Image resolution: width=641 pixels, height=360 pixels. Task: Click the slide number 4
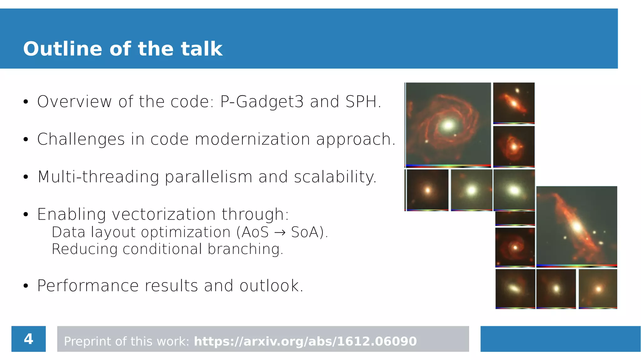click(28, 339)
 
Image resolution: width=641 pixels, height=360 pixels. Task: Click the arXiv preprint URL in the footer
click(305, 341)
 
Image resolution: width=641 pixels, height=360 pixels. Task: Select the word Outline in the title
click(63, 49)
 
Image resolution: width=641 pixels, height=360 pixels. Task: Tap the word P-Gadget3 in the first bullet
click(262, 102)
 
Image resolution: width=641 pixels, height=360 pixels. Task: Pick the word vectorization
click(164, 214)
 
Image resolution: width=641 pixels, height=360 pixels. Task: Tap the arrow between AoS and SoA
click(279, 233)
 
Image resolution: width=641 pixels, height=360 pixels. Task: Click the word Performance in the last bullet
click(88, 286)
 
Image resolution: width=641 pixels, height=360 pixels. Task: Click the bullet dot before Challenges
click(26, 140)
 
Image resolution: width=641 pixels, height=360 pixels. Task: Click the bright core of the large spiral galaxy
click(448, 126)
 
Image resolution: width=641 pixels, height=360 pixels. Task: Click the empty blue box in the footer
click(560, 339)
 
